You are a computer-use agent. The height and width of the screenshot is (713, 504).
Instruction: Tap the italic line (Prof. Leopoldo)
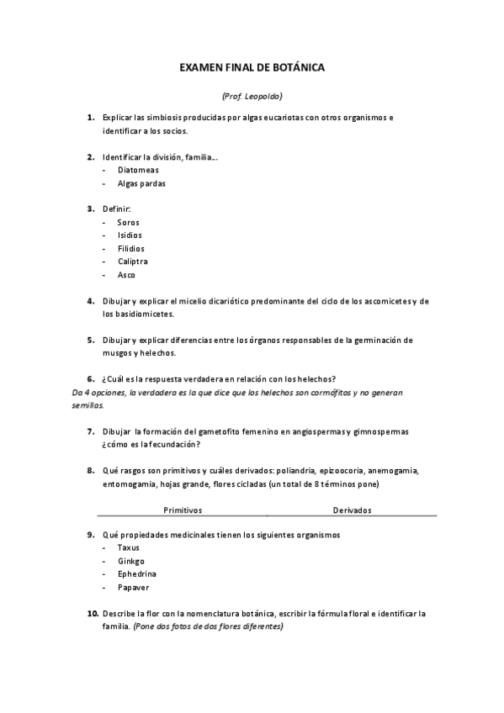tap(252, 96)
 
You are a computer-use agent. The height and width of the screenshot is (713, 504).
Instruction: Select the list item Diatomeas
tap(138, 170)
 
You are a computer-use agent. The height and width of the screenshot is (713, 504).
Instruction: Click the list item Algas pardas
tap(141, 183)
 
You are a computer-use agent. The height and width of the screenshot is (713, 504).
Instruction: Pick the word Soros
tap(128, 222)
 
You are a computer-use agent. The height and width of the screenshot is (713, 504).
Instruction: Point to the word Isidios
tap(130, 235)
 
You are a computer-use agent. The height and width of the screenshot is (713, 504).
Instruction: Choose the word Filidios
tap(130, 249)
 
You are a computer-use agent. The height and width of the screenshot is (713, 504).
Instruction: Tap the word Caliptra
tap(133, 261)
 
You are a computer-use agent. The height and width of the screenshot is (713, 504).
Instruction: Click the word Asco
tap(126, 275)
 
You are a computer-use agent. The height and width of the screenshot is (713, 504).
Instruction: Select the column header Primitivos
tap(183, 510)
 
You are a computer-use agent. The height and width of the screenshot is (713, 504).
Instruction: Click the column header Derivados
tap(352, 510)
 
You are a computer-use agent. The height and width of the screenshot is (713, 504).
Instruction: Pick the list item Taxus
tap(128, 547)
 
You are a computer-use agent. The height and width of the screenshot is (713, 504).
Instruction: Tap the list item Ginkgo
tap(131, 561)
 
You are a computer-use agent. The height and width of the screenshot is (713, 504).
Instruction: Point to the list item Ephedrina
tap(137, 574)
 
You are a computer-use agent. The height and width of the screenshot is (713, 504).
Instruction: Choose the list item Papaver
tap(133, 588)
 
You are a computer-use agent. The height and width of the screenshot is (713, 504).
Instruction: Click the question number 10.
tap(92, 614)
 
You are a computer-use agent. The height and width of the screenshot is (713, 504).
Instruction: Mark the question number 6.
tap(90, 379)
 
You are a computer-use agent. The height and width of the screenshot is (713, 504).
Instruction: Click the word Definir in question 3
tap(117, 209)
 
